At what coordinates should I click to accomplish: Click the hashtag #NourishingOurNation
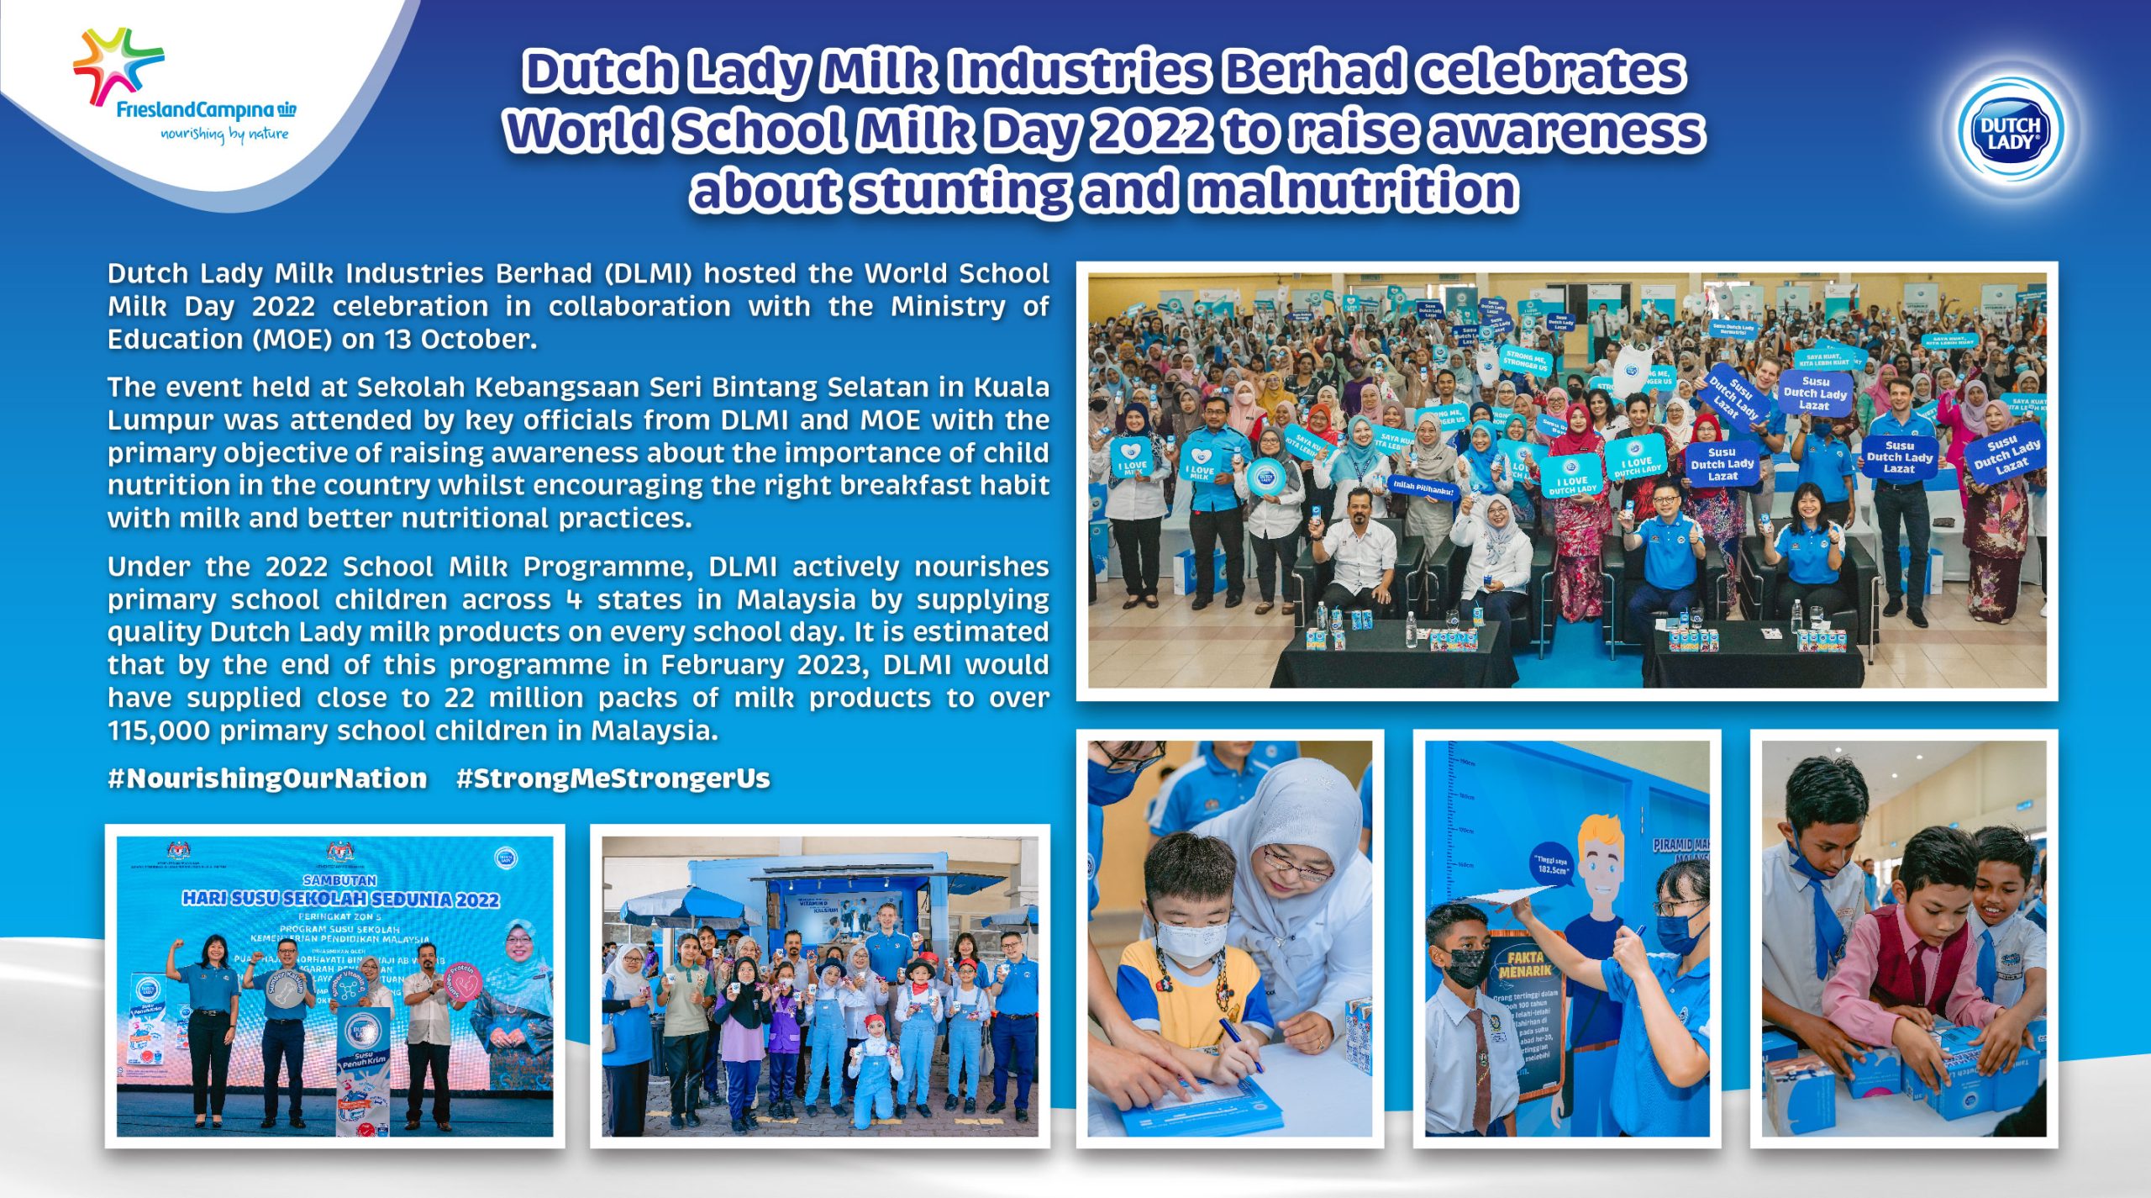pyautogui.click(x=267, y=778)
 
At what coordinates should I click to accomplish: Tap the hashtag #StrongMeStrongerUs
pyautogui.click(x=613, y=778)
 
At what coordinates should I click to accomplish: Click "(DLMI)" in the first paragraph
pyautogui.click(x=648, y=274)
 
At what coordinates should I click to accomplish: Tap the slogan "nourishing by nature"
pyautogui.click(x=224, y=134)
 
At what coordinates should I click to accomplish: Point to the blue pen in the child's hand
pyautogui.click(x=1239, y=1044)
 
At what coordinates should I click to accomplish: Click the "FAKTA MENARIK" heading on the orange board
pyautogui.click(x=1524, y=963)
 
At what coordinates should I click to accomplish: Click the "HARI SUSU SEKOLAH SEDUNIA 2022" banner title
pyautogui.click(x=340, y=899)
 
